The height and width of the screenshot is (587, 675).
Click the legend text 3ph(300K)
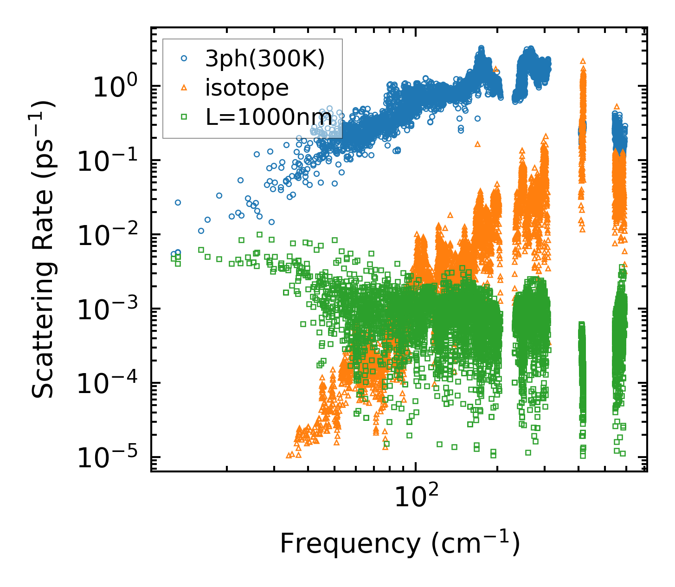265,59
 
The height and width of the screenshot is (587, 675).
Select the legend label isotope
247,88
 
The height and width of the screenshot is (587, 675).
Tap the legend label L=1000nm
269,117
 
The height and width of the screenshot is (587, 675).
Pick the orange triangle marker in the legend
184,88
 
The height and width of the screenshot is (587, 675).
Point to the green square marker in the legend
184,117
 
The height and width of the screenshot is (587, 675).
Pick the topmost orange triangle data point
583,61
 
